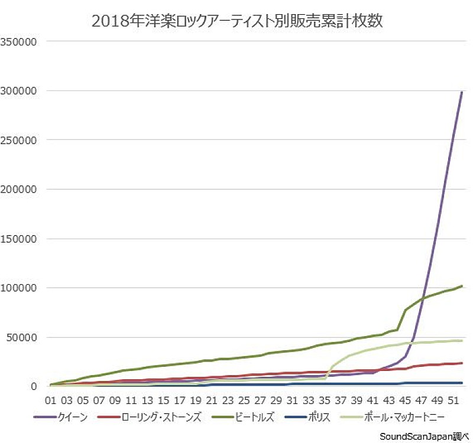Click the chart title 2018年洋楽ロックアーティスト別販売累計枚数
237,21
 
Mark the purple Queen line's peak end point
462,92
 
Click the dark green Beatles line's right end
462,286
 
